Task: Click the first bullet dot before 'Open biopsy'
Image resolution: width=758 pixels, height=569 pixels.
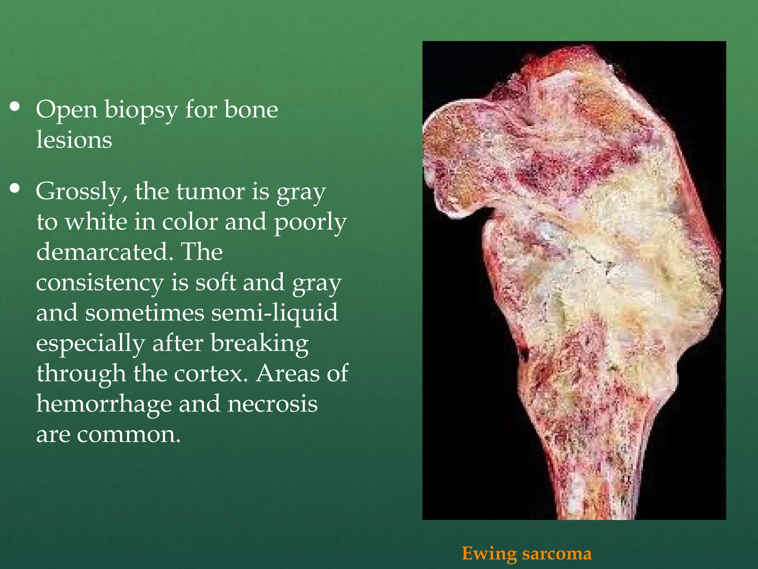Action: point(15,107)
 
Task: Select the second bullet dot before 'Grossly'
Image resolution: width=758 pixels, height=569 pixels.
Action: point(15,189)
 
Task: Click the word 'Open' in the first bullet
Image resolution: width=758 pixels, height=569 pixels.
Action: point(66,110)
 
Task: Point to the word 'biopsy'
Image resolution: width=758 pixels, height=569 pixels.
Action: point(141,110)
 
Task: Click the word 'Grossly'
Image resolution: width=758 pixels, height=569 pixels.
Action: point(81,192)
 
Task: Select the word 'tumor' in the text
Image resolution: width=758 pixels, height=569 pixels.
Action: point(211,192)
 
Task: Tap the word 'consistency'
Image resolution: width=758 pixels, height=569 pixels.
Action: point(100,283)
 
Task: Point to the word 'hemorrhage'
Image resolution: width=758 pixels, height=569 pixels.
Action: point(104,404)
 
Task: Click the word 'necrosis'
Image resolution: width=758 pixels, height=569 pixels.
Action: point(272,404)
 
